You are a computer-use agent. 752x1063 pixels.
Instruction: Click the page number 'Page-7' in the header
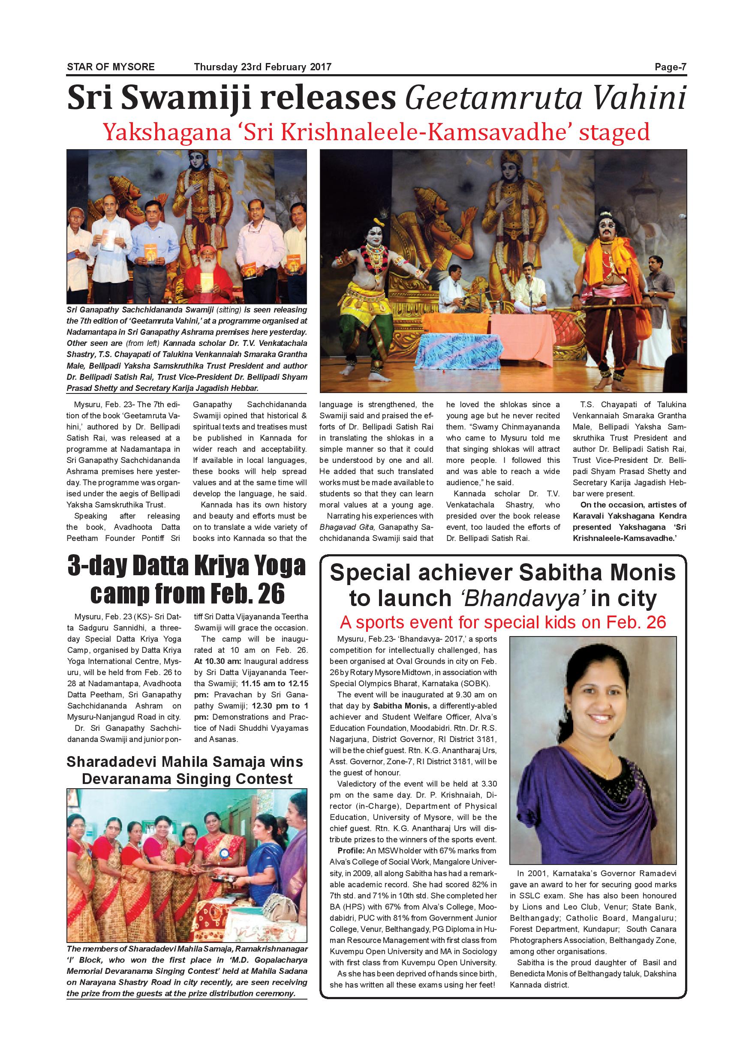pyautogui.click(x=670, y=67)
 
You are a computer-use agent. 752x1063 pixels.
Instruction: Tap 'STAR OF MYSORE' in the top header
pyautogui.click(x=111, y=67)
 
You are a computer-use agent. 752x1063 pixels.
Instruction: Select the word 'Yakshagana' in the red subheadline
pyautogui.click(x=167, y=132)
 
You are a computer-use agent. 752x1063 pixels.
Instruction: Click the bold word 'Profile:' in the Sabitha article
pyautogui.click(x=352, y=850)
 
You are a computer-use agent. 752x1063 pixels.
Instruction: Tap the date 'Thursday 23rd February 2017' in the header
pyautogui.click(x=262, y=67)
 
